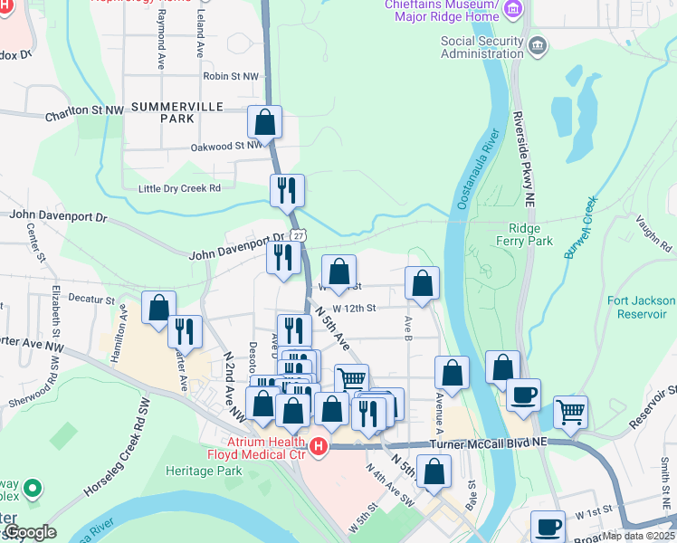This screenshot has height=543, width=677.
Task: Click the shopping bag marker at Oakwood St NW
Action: tap(264, 121)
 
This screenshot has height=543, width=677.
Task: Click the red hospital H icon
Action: tap(318, 446)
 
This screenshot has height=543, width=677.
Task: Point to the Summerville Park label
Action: tap(163, 112)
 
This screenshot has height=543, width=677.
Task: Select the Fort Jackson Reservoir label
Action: tap(641, 307)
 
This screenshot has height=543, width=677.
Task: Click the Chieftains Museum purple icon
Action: tap(514, 11)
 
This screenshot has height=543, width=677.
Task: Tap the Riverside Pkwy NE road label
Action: tap(523, 155)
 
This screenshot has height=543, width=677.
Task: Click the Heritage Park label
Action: tap(204, 471)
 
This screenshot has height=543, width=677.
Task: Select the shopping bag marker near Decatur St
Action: tap(158, 308)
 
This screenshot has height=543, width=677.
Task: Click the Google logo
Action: tap(29, 533)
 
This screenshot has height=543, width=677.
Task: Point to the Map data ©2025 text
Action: tap(638, 536)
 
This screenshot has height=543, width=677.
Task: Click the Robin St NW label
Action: tap(231, 77)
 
